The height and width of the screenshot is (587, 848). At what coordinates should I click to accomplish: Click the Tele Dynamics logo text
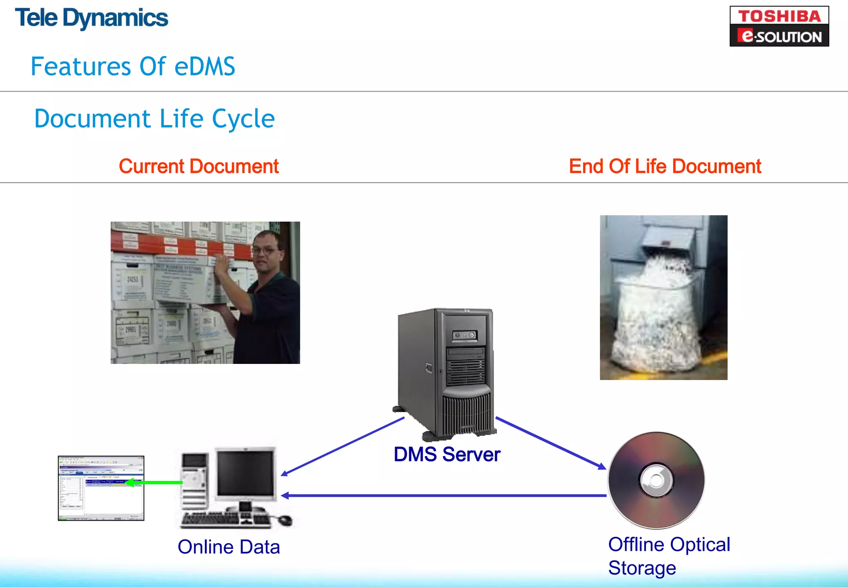point(92,18)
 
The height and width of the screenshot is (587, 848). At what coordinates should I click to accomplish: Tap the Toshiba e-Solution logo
point(779,26)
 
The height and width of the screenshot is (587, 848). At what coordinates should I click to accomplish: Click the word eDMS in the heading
point(205,67)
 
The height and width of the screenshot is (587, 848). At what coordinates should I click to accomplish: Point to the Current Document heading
point(199,166)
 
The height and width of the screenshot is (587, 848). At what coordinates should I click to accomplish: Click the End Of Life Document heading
point(665,166)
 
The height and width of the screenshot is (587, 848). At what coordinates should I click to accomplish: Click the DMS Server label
point(447,455)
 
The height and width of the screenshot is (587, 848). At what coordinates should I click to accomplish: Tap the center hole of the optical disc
point(656,481)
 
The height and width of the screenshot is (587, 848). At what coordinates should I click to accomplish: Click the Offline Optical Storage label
point(669,556)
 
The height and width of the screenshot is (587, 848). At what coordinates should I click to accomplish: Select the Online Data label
point(229,547)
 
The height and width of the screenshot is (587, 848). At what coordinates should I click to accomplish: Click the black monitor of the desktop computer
point(245,474)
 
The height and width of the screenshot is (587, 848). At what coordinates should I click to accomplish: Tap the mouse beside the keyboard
point(285,520)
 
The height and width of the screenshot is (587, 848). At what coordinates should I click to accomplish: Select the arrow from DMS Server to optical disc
point(551,443)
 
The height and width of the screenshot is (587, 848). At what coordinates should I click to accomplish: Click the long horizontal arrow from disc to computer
point(443,496)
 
